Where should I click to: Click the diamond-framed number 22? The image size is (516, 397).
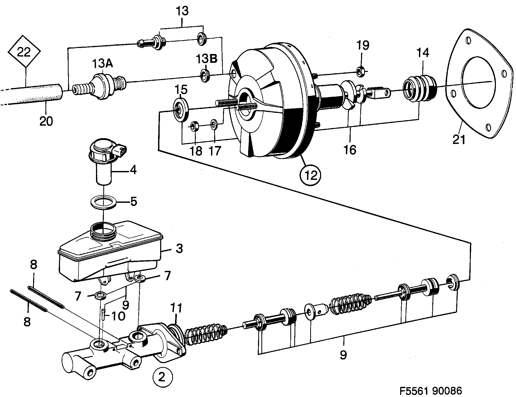(x=24, y=53)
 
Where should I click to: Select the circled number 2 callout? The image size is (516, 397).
(x=162, y=377)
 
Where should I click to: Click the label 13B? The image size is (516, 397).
(x=207, y=59)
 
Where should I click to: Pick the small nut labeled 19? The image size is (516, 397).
(x=361, y=71)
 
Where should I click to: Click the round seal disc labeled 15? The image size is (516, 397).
(x=181, y=109)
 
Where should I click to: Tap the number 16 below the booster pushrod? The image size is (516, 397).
(x=350, y=150)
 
